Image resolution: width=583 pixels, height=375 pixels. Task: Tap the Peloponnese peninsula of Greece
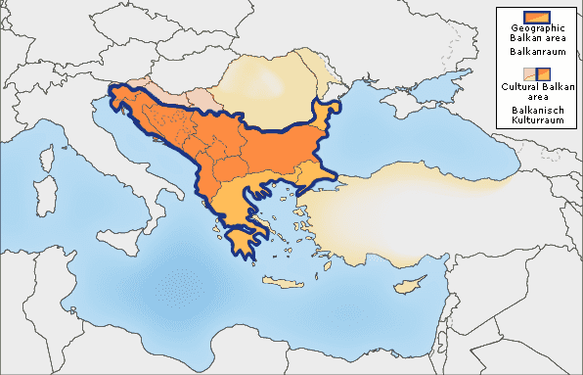[x=241, y=239]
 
